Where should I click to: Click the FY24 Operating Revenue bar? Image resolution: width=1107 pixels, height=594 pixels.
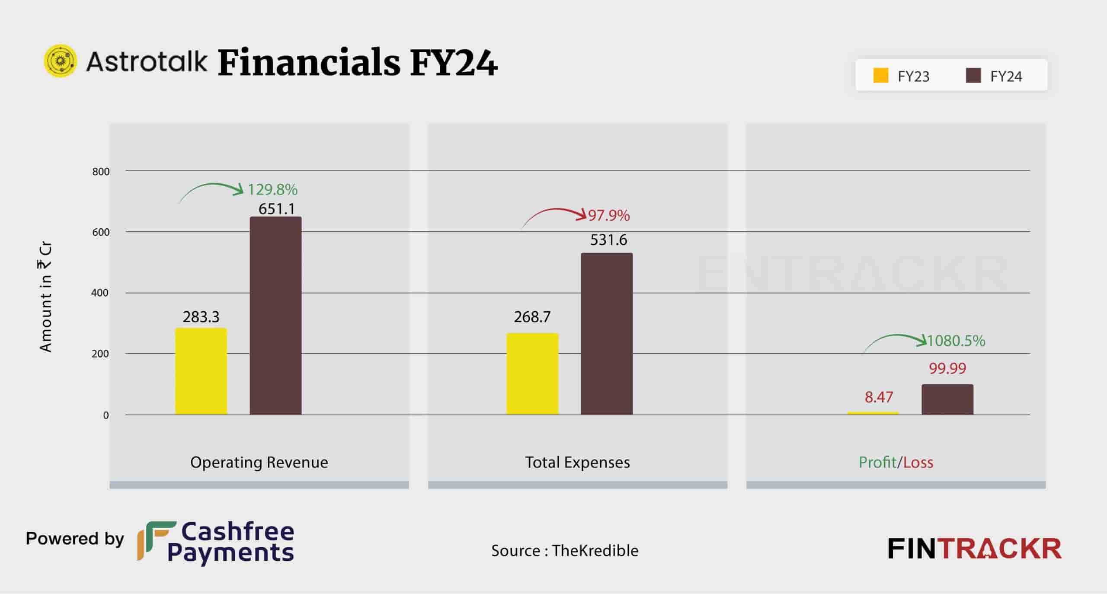275,316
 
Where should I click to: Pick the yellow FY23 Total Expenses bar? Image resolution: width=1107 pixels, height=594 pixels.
532,374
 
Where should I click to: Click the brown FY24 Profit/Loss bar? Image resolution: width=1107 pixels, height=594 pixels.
947,399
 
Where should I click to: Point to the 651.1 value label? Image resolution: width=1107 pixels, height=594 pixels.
276,209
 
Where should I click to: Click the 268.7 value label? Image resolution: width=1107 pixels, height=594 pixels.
532,317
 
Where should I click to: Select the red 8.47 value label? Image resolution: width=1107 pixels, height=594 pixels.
879,397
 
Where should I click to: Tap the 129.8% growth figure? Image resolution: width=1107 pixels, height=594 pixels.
272,189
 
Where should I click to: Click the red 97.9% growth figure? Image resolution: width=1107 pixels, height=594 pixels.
609,215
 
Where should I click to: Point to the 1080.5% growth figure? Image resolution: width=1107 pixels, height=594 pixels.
956,341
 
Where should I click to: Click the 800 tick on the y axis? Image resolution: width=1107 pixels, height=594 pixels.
101,172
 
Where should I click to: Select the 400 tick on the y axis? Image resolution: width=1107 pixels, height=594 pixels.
100,293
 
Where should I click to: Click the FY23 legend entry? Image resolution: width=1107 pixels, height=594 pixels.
901,76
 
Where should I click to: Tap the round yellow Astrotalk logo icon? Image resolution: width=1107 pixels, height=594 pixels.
61,61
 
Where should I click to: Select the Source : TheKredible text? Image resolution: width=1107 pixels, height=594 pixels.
564,550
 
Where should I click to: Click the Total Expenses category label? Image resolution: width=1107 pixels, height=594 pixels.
577,462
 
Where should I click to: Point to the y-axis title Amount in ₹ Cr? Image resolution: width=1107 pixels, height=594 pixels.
46,297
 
